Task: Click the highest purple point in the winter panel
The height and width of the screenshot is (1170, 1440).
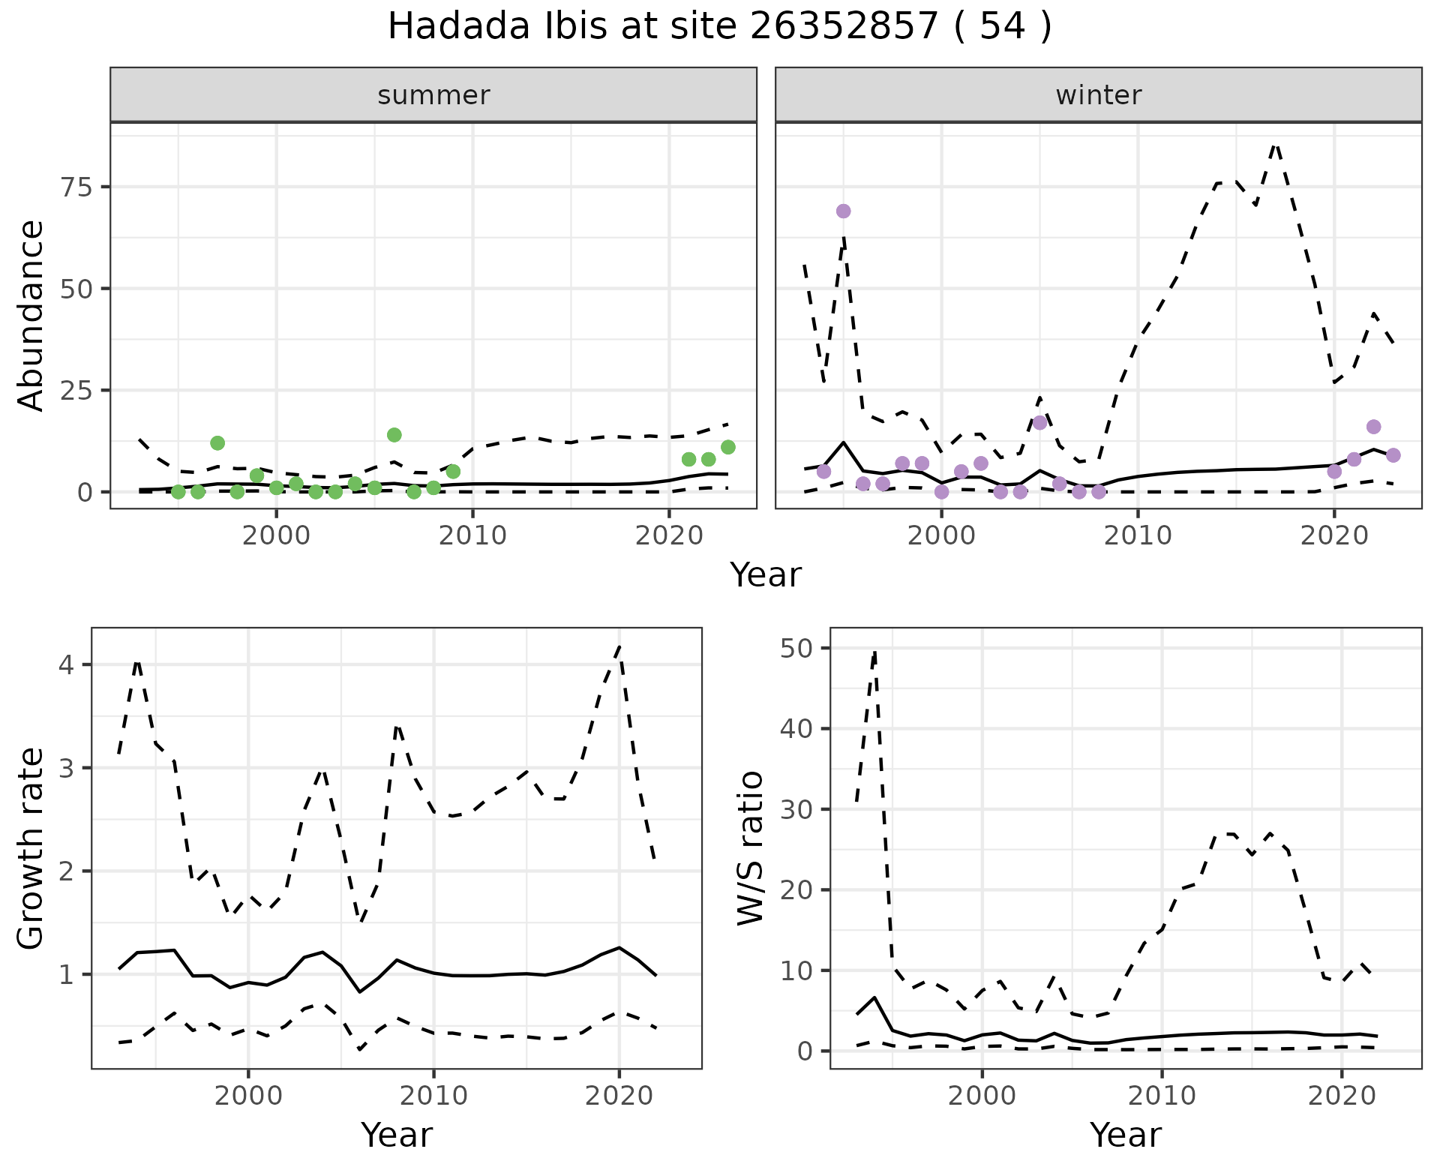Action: tap(843, 211)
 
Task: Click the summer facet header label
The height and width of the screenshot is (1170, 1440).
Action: tap(433, 95)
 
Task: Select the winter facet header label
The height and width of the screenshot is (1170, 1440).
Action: tap(1098, 95)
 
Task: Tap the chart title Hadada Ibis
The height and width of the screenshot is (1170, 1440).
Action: tap(719, 27)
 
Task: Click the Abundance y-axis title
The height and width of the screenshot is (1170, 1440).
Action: tap(31, 315)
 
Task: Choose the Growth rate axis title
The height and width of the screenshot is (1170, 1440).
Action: tap(31, 847)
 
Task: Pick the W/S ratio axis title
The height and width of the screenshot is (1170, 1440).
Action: tap(751, 847)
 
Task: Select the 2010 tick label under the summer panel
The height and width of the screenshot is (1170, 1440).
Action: tap(472, 535)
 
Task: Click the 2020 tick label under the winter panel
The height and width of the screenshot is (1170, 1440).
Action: tap(1334, 535)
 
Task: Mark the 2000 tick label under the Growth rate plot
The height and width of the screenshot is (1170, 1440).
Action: tap(248, 1096)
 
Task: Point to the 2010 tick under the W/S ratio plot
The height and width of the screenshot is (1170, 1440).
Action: tap(1162, 1096)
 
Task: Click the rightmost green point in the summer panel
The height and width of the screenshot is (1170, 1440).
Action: tap(727, 447)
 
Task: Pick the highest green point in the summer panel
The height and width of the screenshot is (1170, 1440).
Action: tap(394, 435)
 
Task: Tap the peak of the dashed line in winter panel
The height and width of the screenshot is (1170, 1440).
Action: tap(1276, 145)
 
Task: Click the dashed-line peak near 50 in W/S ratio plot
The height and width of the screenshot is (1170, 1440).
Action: tap(874, 652)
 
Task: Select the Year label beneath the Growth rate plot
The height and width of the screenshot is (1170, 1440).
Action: tap(397, 1135)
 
